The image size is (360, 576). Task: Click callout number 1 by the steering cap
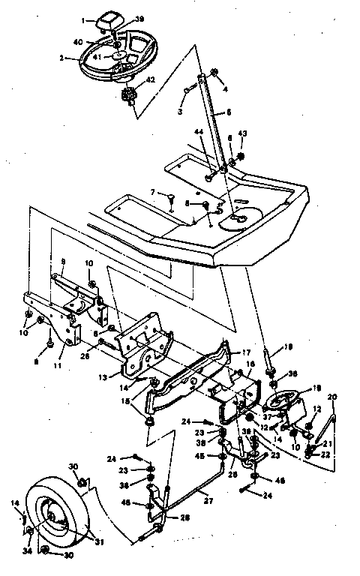85,21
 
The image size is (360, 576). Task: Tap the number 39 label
139,18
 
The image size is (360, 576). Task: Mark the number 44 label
199,131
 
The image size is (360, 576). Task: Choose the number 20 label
332,396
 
